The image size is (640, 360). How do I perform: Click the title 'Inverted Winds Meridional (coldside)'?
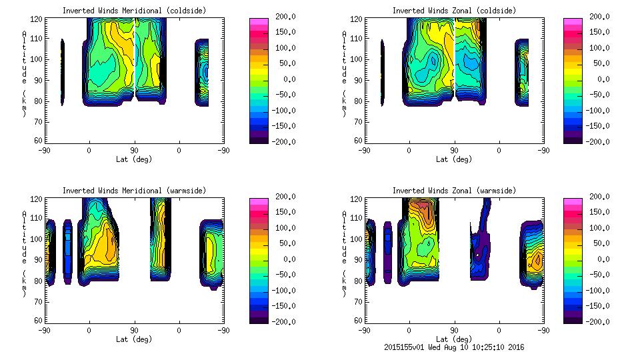pos(134,11)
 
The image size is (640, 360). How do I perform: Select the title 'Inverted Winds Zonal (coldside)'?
pos(454,11)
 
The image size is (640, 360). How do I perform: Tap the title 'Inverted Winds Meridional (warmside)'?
pos(134,191)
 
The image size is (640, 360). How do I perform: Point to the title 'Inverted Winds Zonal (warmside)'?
pos(454,191)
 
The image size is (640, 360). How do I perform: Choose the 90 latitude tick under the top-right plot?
pos(454,150)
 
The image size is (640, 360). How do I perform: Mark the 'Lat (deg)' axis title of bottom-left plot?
pos(134,339)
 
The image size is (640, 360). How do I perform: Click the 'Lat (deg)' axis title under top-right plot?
pos(454,159)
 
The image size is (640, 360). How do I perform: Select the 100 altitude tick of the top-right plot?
pos(358,59)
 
